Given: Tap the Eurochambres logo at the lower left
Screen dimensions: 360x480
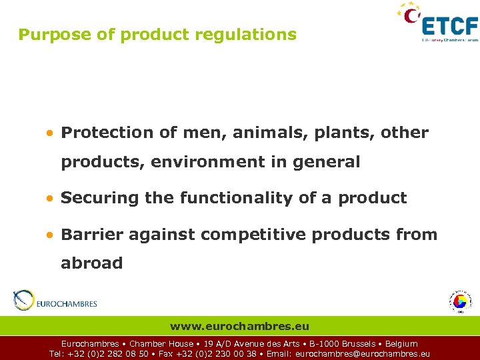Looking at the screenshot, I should (x=55, y=301).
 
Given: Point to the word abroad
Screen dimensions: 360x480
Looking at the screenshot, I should (x=91, y=263).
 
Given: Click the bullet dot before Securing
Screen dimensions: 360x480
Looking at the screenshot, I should (x=50, y=199).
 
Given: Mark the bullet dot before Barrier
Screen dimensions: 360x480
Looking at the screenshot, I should (x=50, y=235).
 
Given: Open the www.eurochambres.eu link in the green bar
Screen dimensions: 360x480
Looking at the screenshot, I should (x=239, y=327).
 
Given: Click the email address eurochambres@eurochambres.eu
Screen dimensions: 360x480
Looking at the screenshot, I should (x=362, y=354).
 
